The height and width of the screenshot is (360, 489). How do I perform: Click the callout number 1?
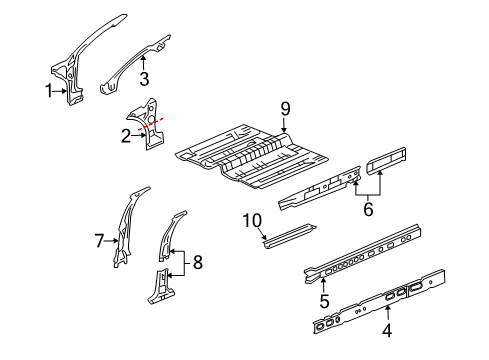(47, 91)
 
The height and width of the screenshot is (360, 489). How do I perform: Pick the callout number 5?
(324, 297)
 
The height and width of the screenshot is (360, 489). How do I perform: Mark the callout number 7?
(100, 239)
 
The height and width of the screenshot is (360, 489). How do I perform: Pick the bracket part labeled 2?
(150, 125)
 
